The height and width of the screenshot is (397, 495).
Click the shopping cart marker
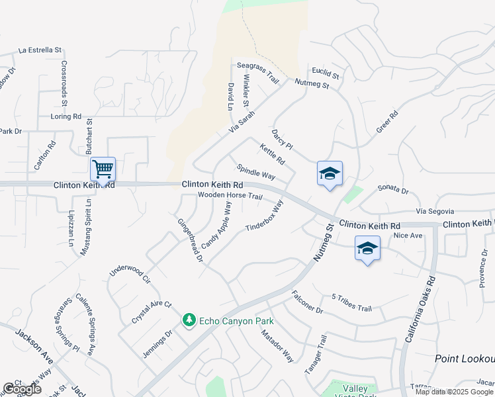[x=103, y=169]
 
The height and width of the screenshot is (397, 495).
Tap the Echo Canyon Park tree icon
[x=189, y=320]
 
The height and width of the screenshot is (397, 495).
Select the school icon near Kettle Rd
[x=330, y=174]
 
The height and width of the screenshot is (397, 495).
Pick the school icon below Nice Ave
[x=367, y=249]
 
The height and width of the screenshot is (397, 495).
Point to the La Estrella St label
[x=40, y=50]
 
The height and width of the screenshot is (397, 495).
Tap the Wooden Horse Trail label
[x=230, y=196]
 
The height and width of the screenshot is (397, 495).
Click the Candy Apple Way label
[x=217, y=226]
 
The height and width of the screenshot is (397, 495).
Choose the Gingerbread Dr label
[x=189, y=240]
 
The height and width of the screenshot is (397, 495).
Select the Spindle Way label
[x=256, y=171]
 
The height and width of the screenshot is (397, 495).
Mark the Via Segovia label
[x=437, y=211]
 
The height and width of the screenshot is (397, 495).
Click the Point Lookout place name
[x=465, y=358]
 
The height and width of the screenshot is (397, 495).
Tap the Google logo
[x=22, y=389]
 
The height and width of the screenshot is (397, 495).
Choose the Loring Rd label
[x=66, y=116]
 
